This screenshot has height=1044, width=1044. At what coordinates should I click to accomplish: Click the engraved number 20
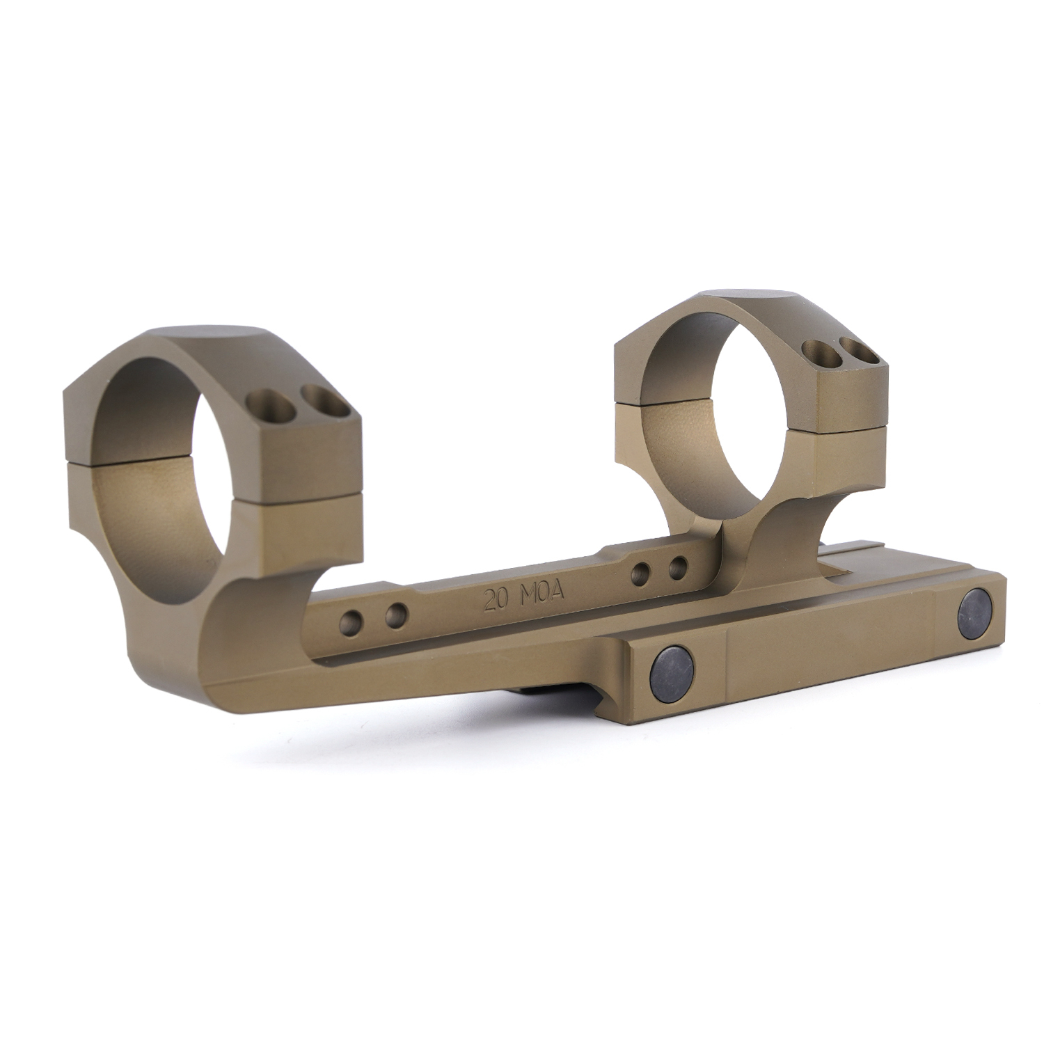click(x=496, y=600)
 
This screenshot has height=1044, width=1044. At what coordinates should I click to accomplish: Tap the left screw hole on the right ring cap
click(x=814, y=349)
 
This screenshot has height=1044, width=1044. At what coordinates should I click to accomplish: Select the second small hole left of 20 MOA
click(x=397, y=613)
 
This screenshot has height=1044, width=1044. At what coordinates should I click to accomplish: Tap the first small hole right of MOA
click(x=641, y=574)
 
